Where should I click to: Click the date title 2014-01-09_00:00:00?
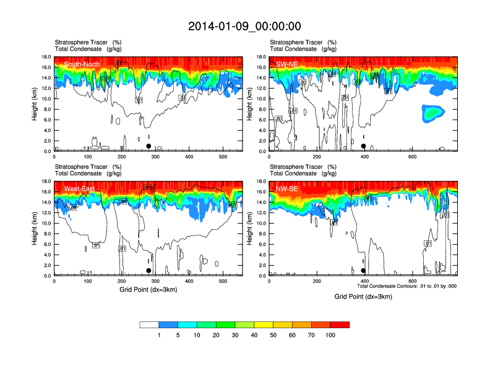coord(244,26)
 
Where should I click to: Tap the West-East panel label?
coord(79,188)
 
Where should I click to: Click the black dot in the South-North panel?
coord(148,146)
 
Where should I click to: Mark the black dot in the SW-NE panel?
coord(364,146)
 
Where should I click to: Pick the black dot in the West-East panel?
coord(148,271)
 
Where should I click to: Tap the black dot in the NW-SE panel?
coord(364,271)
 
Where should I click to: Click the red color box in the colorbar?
coord(340,325)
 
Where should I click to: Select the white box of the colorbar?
coord(149,325)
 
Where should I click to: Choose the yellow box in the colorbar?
coord(264,325)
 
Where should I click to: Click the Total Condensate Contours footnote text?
coord(407,286)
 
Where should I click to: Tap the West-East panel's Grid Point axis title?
coord(148,289)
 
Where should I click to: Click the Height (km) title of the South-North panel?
coord(37,104)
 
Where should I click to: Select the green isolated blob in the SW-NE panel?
coord(434,112)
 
